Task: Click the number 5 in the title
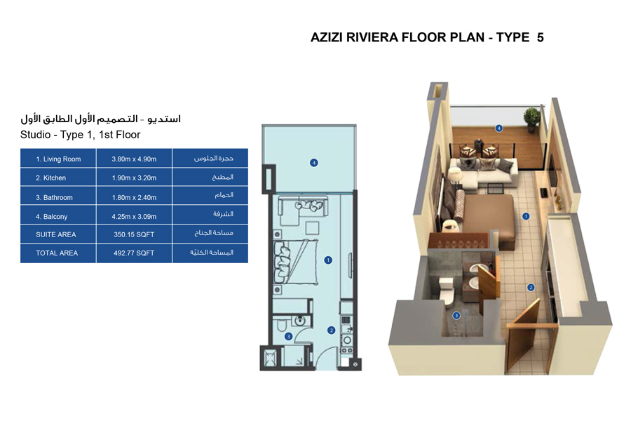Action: pyautogui.click(x=540, y=38)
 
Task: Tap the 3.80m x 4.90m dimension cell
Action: pyautogui.click(x=134, y=159)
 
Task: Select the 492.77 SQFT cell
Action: pyautogui.click(x=134, y=253)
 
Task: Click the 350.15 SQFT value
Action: pyautogui.click(x=134, y=234)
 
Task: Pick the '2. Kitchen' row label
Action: pyautogui.click(x=55, y=178)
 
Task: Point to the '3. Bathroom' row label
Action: pyautogui.click(x=58, y=197)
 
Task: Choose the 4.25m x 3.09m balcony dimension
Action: pyautogui.click(x=134, y=217)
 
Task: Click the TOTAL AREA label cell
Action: pyautogui.click(x=57, y=253)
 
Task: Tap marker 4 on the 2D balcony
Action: pyautogui.click(x=314, y=163)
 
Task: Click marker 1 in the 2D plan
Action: pyautogui.click(x=328, y=260)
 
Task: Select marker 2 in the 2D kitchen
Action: pyautogui.click(x=331, y=330)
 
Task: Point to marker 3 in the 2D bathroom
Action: pyautogui.click(x=288, y=337)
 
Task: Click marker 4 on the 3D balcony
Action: pyautogui.click(x=498, y=128)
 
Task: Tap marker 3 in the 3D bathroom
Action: pyautogui.click(x=456, y=316)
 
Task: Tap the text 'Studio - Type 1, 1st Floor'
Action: pyautogui.click(x=81, y=135)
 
